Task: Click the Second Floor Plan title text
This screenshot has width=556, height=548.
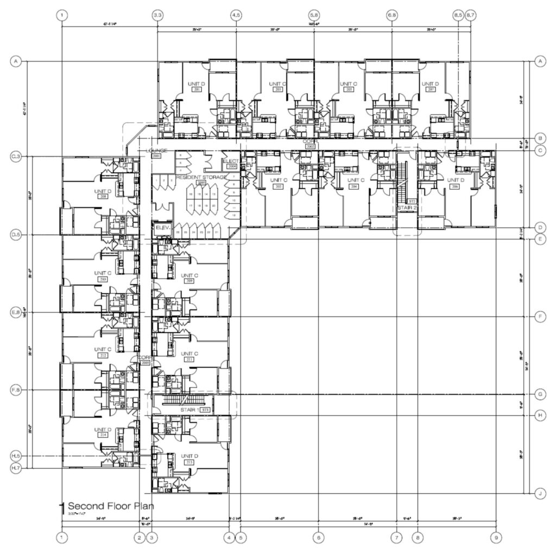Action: [x=110, y=506]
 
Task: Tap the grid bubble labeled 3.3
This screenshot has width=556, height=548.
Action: [x=157, y=15]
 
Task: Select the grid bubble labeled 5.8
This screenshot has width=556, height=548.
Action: [x=314, y=15]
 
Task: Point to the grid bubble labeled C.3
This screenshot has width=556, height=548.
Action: [x=16, y=156]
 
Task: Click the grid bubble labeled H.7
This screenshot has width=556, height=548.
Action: [x=16, y=468]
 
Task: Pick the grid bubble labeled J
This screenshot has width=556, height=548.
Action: [x=540, y=494]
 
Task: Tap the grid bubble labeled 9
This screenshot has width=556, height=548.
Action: [x=496, y=538]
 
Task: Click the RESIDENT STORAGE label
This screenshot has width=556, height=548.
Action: [x=197, y=178]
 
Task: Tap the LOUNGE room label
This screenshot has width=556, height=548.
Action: [x=156, y=150]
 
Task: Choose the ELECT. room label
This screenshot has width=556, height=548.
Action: [x=230, y=161]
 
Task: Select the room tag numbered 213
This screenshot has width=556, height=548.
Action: [x=189, y=462]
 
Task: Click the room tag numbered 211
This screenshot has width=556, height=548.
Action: [x=189, y=359]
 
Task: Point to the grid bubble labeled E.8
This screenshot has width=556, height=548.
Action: [x=16, y=312]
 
